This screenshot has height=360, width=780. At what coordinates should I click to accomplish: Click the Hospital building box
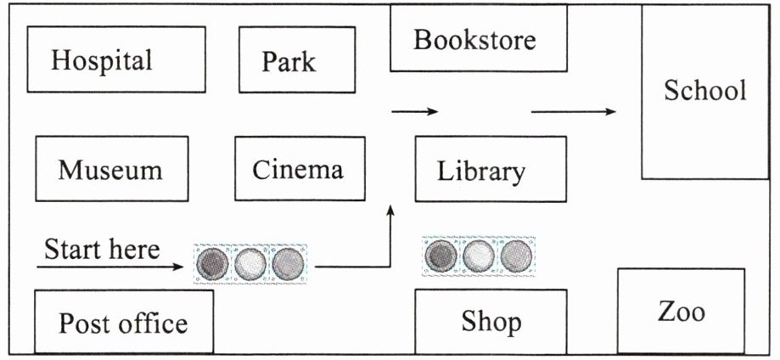pyautogui.click(x=116, y=59)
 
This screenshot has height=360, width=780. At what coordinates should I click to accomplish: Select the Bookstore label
pyautogui.click(x=474, y=40)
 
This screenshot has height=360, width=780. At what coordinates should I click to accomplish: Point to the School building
pyautogui.click(x=704, y=91)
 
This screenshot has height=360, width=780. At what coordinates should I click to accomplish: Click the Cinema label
pyautogui.click(x=298, y=169)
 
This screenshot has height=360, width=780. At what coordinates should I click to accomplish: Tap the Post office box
pyautogui.click(x=123, y=322)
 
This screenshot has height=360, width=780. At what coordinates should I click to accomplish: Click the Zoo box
pyautogui.click(x=681, y=311)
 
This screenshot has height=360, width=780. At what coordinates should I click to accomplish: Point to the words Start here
pyautogui.click(x=102, y=250)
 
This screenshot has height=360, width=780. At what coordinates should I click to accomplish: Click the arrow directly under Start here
pyautogui.click(x=110, y=267)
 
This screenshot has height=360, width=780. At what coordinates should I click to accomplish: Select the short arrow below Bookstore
pyautogui.click(x=414, y=111)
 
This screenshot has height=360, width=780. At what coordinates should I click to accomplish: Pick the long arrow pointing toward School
pyautogui.click(x=574, y=111)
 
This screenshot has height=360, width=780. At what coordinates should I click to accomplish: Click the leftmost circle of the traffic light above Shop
pyautogui.click(x=441, y=254)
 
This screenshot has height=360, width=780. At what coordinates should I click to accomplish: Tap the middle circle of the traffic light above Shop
pyautogui.click(x=479, y=254)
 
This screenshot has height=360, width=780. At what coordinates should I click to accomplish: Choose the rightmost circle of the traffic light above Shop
pyautogui.click(x=515, y=254)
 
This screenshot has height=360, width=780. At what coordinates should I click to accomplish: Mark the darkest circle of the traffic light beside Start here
pyautogui.click(x=212, y=264)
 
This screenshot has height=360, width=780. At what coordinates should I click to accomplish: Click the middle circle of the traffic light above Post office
pyautogui.click(x=250, y=264)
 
